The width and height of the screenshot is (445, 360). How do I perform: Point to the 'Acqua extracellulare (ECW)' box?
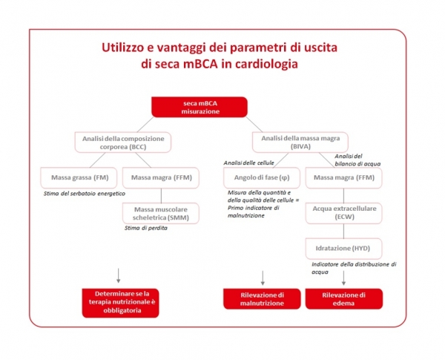344,212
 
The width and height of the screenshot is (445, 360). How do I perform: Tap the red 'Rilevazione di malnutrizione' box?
263,298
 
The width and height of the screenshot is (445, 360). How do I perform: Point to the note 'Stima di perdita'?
146,228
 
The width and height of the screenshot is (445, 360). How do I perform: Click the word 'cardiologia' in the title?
263,64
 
